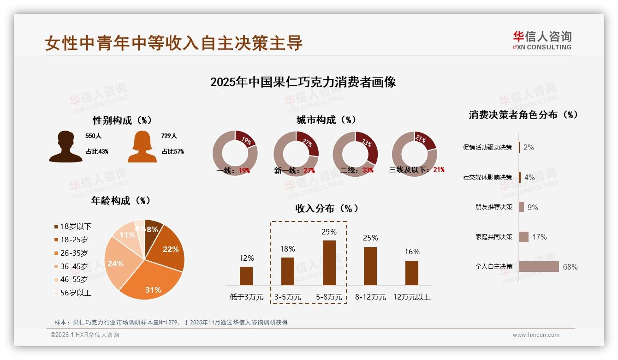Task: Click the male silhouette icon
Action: pos(66,146)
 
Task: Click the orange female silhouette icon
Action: pos(142,146)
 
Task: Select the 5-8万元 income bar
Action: pos(329,263)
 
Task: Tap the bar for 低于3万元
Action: pos(246,276)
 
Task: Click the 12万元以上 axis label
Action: pos(412,297)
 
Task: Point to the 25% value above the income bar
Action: pos(370,238)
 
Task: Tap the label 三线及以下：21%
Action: pos(416,170)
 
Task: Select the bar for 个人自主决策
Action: pos(538,267)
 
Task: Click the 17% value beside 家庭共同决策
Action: pos(539,237)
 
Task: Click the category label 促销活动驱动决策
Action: pos(487,148)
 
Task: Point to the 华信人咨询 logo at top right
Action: pos(542,40)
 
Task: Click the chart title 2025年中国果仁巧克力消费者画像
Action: pos(303,83)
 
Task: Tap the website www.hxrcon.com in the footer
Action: pos(535,335)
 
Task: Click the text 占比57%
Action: pos(172,151)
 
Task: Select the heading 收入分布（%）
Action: pos(327,209)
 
